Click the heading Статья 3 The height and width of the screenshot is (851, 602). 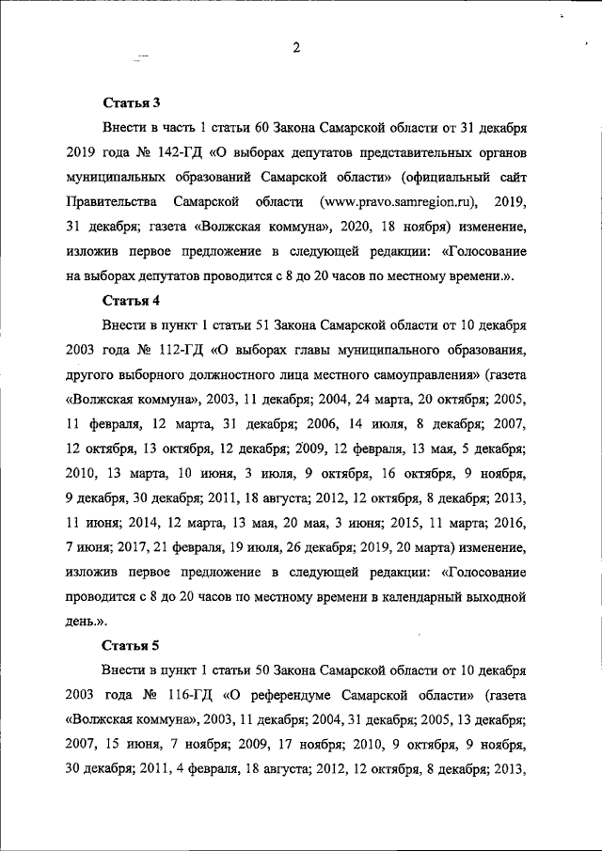coord(132,102)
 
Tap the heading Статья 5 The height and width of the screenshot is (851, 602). coord(132,645)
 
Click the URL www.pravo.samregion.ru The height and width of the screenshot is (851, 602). coord(399,201)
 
